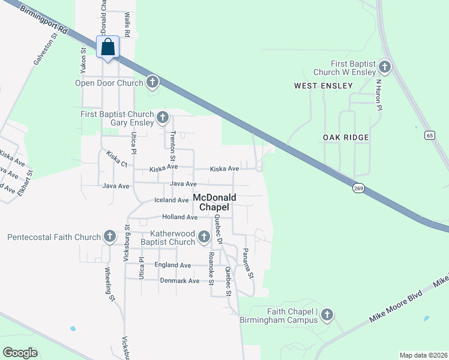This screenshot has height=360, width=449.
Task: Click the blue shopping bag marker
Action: click(x=108, y=47)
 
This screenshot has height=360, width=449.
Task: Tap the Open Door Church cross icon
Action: click(x=152, y=82)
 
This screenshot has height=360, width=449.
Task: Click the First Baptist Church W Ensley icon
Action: click(x=384, y=67)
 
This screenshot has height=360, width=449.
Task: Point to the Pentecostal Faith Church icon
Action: click(x=109, y=236)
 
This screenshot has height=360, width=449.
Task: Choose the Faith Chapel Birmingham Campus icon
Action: click(x=327, y=314)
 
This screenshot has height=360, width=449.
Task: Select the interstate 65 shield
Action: click(x=429, y=135)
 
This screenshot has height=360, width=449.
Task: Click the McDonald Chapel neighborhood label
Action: click(x=214, y=202)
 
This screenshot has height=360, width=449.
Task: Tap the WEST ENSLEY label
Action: click(x=323, y=86)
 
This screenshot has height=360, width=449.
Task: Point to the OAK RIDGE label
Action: click(x=346, y=137)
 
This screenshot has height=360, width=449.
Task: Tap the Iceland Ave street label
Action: click(x=171, y=200)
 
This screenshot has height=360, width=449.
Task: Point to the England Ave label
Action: click(x=172, y=265)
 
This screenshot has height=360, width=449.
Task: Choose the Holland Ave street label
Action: click(x=179, y=217)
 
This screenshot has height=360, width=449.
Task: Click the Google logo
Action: click(x=20, y=353)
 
